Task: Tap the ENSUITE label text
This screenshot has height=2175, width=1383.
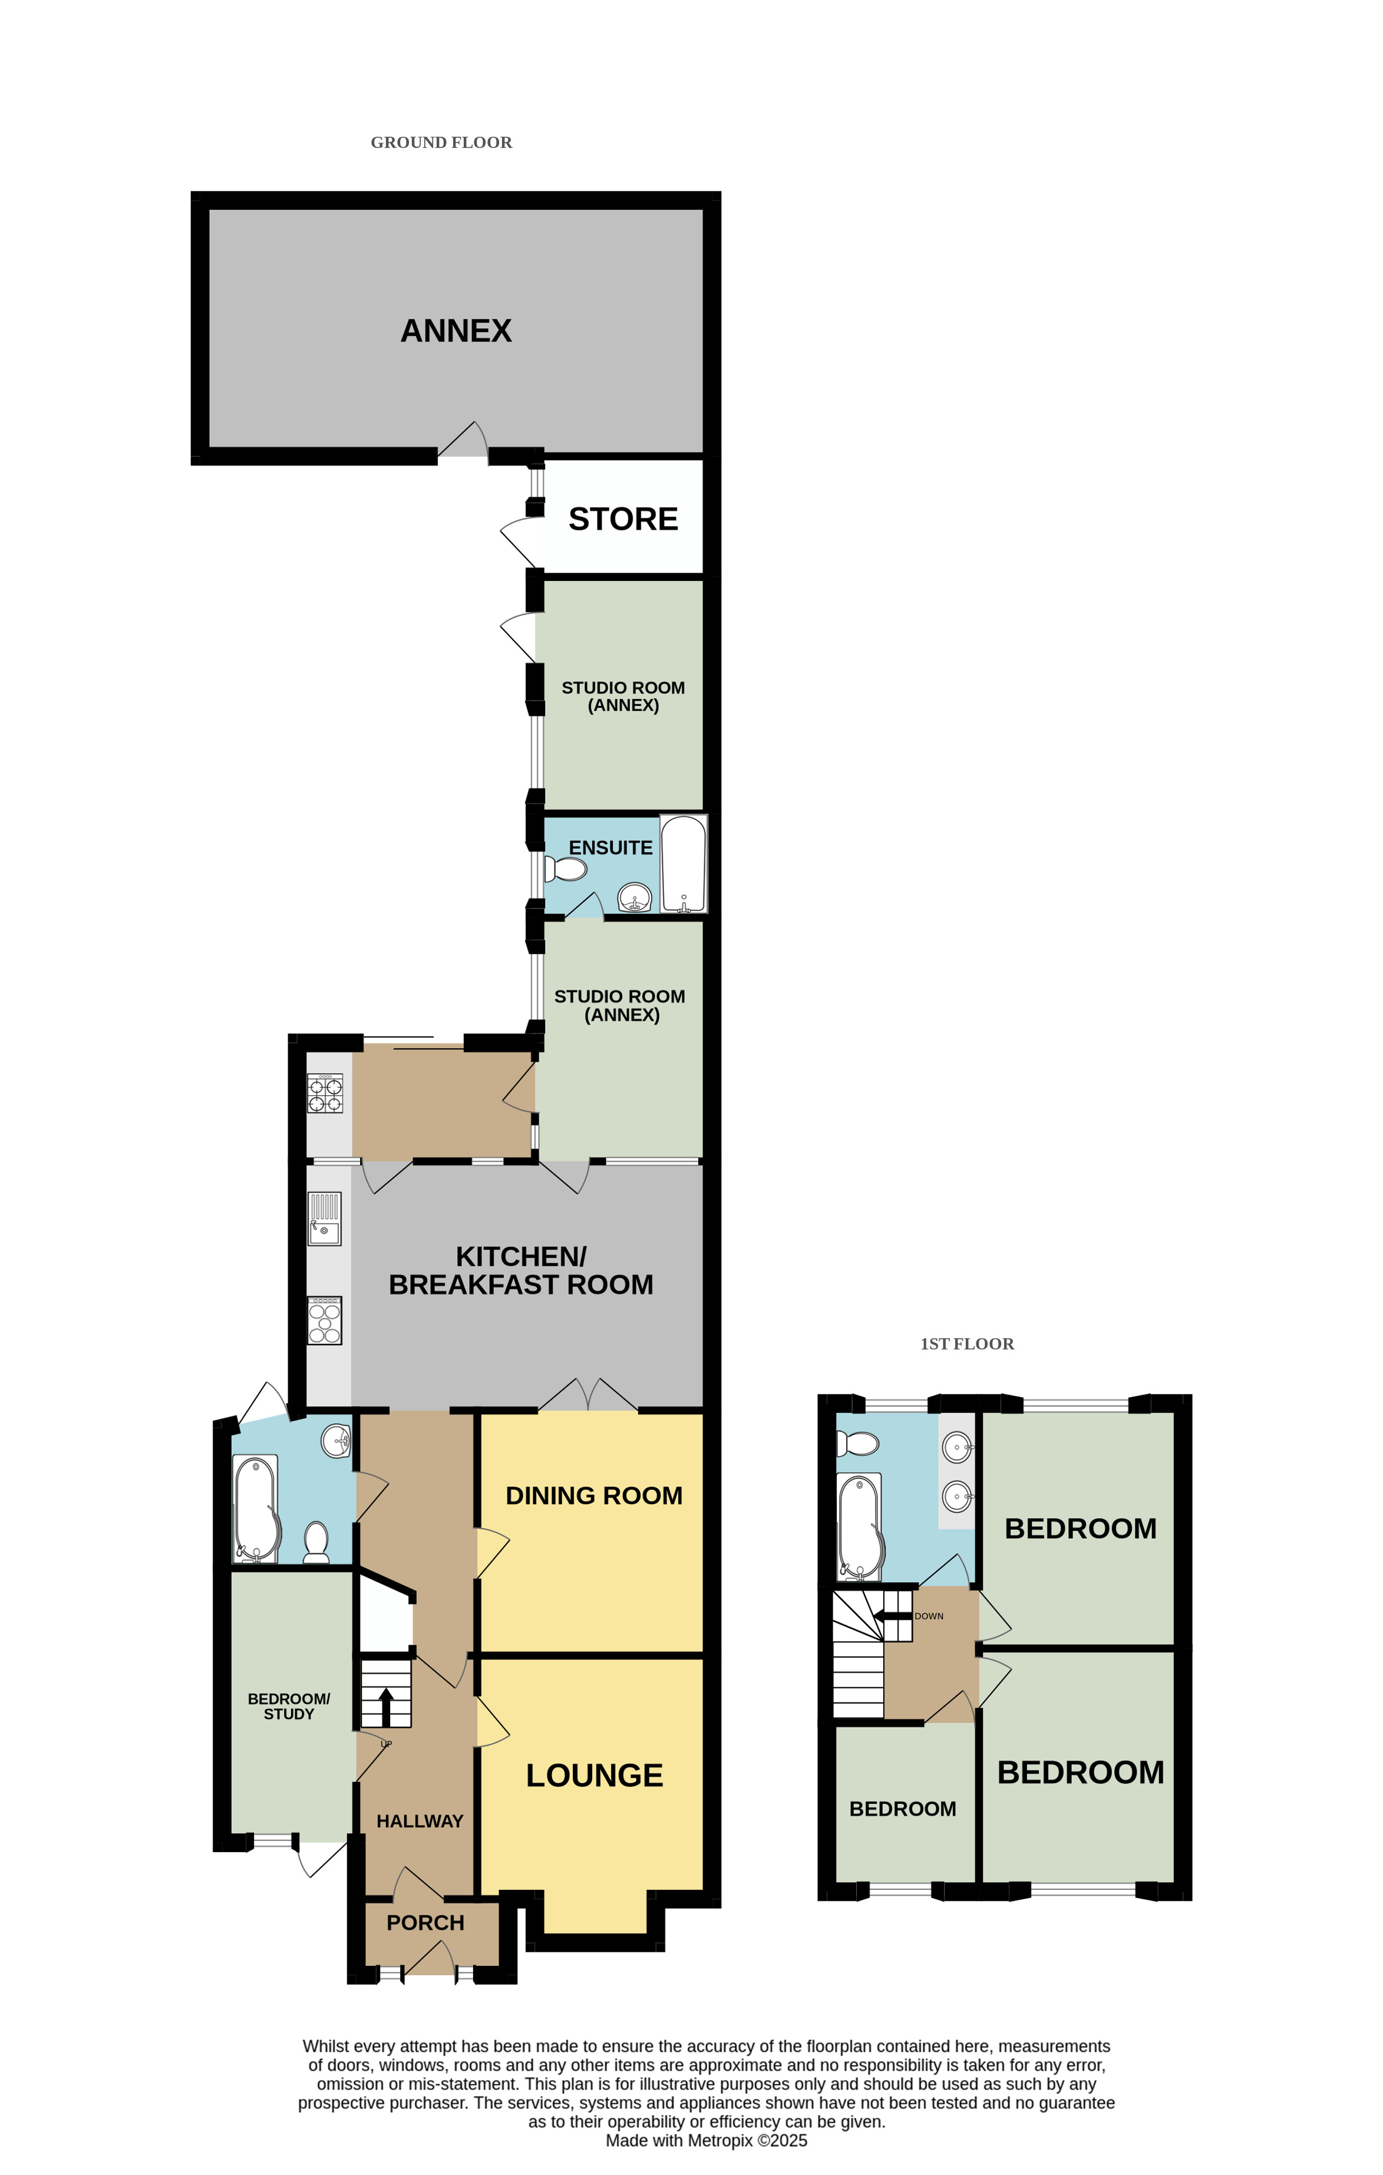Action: [610, 847]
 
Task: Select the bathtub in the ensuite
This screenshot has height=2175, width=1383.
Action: [684, 863]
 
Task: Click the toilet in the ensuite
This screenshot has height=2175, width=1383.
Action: [566, 869]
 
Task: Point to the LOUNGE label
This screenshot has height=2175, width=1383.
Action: [595, 1775]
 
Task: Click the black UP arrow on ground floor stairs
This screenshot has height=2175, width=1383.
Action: [386, 1706]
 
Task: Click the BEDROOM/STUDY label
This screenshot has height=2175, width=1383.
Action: [289, 1705]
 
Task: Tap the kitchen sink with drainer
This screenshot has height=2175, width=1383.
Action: [324, 1219]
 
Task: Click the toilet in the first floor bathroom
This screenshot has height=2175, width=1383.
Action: [857, 1443]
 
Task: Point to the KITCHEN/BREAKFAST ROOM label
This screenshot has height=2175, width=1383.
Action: [521, 1270]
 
